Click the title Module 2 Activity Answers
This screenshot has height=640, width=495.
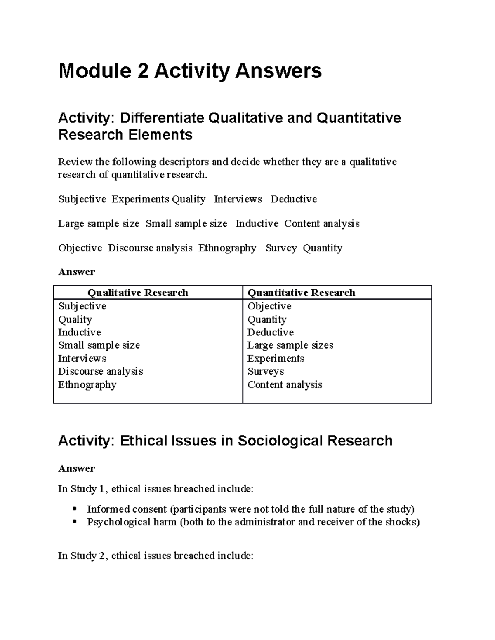190,71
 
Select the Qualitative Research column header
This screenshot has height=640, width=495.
137,293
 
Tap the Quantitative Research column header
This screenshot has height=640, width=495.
301,293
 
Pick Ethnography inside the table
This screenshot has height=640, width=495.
87,384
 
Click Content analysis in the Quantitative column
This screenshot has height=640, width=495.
285,384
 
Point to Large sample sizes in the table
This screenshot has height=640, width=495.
290,345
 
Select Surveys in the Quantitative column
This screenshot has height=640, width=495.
265,371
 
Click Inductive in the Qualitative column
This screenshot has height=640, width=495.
79,332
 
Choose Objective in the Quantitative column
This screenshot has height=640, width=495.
269,306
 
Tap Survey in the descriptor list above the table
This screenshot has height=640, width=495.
281,248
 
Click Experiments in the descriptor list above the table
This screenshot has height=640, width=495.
140,199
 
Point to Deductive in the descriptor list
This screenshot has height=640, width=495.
293,199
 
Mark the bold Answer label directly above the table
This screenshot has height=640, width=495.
76,272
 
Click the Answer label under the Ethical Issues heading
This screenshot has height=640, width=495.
76,469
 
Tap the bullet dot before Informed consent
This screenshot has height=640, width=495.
75,509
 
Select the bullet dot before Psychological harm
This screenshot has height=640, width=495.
75,522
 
